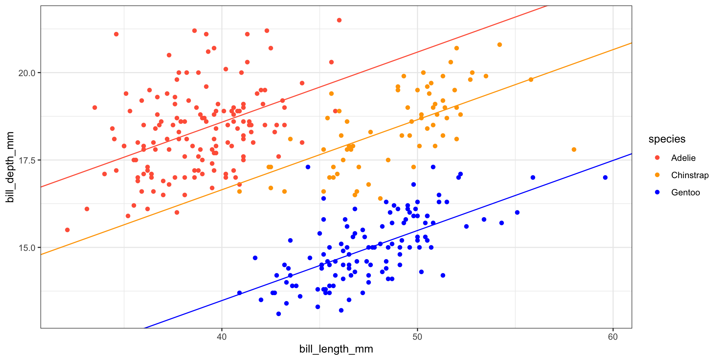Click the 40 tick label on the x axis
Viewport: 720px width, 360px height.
point(222,337)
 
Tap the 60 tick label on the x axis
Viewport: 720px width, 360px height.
point(613,337)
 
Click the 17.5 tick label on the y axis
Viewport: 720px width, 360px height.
point(27,160)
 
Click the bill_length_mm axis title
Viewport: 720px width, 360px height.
point(336,349)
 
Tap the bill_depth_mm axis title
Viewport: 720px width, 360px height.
point(10,167)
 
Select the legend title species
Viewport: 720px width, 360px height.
point(667,139)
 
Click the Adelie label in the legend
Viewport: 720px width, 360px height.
point(683,158)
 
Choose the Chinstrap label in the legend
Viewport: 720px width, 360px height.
point(690,175)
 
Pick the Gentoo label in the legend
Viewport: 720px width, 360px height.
point(685,192)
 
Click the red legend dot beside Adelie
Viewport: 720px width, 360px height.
point(657,158)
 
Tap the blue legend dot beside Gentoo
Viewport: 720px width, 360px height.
point(657,192)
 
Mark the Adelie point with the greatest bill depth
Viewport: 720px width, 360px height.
point(339,20)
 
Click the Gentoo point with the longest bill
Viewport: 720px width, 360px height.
point(605,177)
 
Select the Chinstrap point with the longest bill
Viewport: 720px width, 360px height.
point(574,150)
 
